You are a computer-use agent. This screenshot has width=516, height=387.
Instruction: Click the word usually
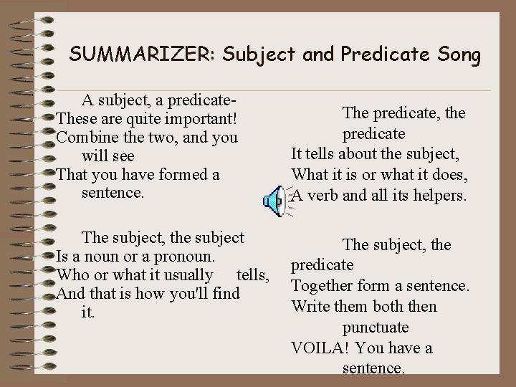(183, 275)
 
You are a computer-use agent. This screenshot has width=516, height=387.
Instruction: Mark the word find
(224, 294)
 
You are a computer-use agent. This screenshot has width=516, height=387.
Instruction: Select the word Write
(310, 307)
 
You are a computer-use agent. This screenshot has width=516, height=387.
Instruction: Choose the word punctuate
(375, 328)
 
